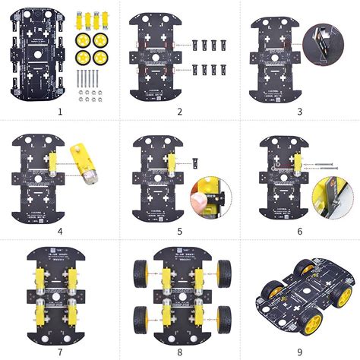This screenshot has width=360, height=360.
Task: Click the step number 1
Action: (x=58, y=112)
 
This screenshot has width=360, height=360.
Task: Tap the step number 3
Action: (x=299, y=112)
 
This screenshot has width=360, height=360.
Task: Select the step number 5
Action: (x=180, y=230)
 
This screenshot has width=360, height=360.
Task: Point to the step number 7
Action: (x=58, y=350)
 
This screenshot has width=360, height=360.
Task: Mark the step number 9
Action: (x=299, y=350)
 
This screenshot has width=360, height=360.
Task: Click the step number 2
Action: (x=180, y=112)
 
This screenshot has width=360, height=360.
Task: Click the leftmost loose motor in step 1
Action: (x=77, y=16)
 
